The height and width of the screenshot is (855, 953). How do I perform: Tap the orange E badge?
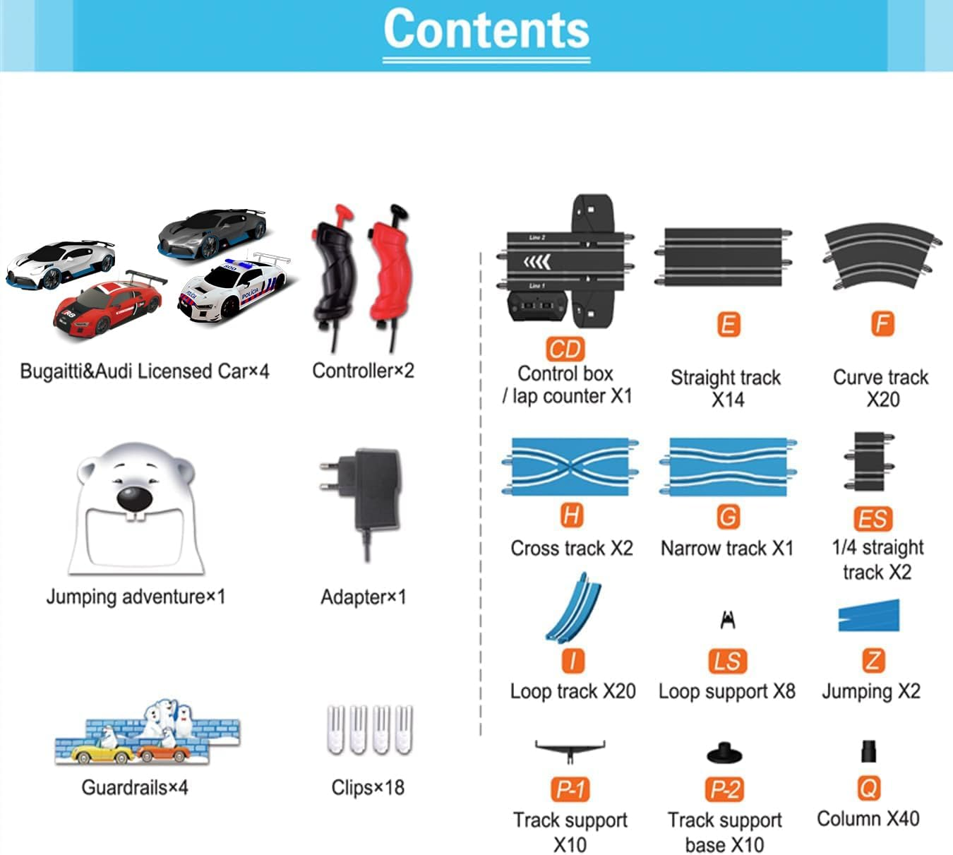(x=728, y=325)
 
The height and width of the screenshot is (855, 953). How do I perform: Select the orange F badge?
(x=882, y=325)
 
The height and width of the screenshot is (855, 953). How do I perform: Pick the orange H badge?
(x=571, y=515)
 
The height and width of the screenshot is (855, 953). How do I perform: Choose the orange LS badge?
(x=727, y=661)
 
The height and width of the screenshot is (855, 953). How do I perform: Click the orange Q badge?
(x=868, y=788)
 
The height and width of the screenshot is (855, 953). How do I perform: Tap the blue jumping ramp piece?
(x=869, y=615)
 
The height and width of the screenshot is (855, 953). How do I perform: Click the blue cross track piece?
(x=570, y=466)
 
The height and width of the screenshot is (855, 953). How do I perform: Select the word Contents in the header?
(x=486, y=30)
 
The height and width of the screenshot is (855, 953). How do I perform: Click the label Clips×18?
(x=368, y=787)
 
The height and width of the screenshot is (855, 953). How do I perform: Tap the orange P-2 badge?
(x=725, y=789)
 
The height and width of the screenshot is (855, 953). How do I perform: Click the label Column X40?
(x=868, y=819)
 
